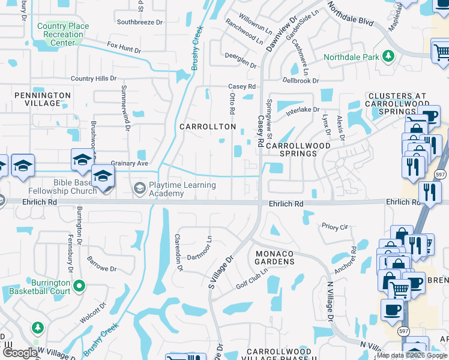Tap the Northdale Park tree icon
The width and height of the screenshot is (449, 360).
pos(388,56)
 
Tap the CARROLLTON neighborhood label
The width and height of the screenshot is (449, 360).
pos(208,127)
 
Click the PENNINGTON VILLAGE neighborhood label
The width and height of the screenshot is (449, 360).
pos(43,99)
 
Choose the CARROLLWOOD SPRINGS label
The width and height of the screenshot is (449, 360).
pos(298,149)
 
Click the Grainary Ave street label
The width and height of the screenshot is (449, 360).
pos(129,163)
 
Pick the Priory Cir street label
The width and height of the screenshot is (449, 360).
pos(335,227)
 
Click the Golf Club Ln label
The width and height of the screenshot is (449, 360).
pos(250,278)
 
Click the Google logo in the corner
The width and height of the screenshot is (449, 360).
pos(19,353)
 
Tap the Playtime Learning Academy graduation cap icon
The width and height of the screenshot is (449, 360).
pos(139,189)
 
